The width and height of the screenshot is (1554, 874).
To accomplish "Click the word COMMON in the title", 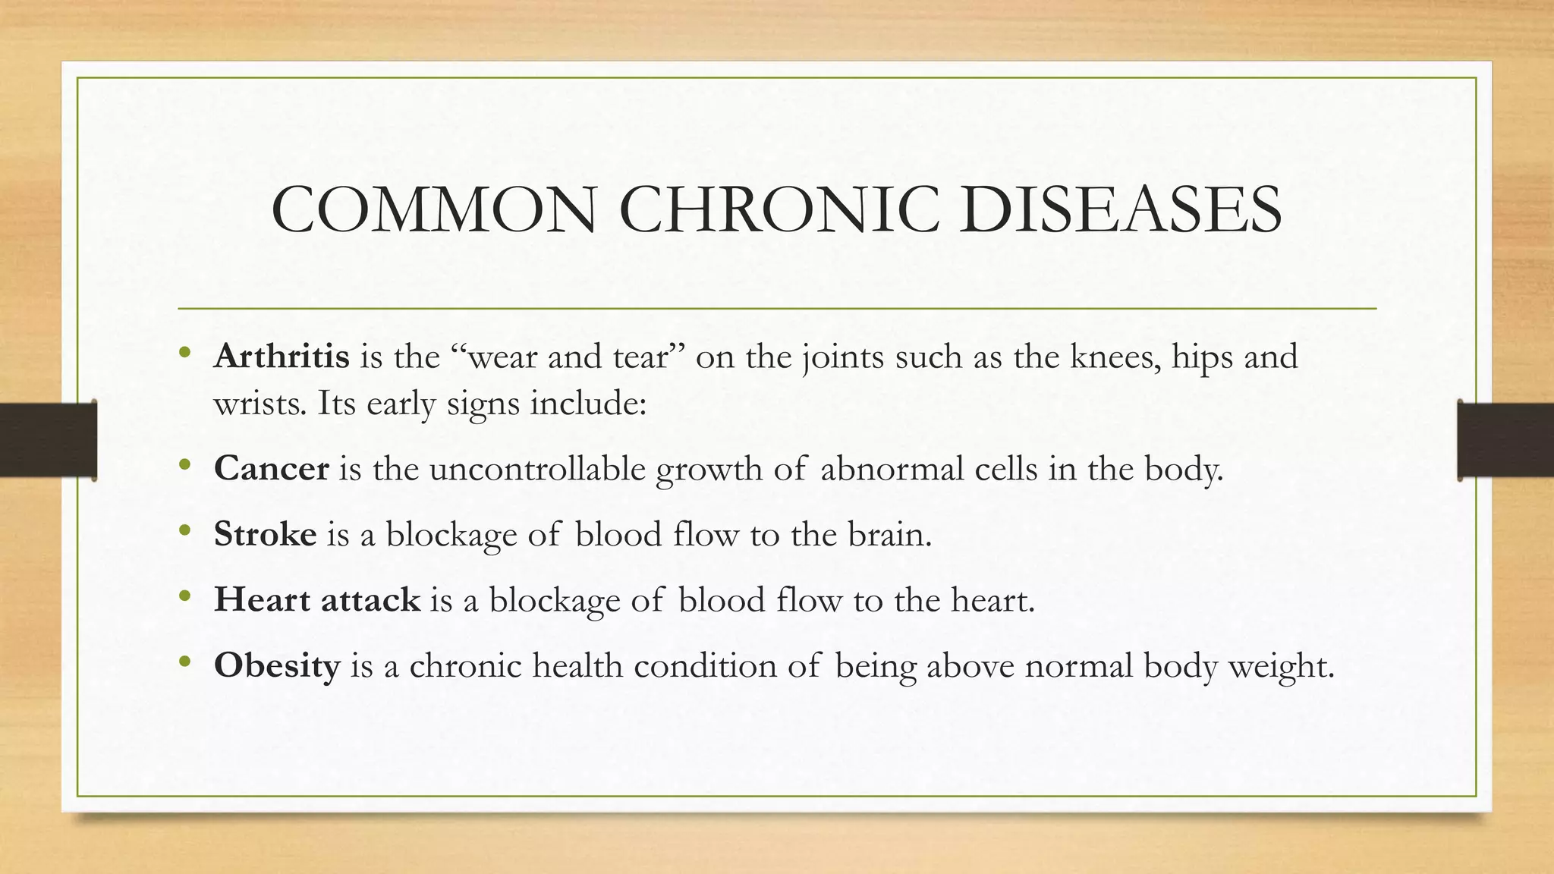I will pos(434,209).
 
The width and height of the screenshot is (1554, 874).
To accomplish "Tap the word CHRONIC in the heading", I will pos(775,209).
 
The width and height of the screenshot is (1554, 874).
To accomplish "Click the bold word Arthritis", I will pos(282,356).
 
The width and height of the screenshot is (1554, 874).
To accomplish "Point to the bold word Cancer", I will pos(271,468).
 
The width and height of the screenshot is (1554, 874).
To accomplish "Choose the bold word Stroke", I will pos(265,534).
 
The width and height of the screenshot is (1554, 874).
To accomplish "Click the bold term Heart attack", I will pos(316,600).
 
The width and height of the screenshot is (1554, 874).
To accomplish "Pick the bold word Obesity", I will pos(277,666).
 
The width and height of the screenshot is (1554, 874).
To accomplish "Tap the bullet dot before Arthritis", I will pos(185,353).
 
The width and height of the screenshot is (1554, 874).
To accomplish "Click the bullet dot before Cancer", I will pos(185,465).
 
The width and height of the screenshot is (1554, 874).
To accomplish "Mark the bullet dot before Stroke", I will pos(185,531).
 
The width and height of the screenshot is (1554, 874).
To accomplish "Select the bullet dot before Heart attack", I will pos(185,597).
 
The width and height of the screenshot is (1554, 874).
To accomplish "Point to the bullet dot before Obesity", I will pos(185,663).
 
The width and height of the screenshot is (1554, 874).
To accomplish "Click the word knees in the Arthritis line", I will pos(1115,356).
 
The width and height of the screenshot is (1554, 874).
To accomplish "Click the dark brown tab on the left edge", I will pos(48,440).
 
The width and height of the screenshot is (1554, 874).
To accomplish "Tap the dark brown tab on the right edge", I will pos(1505,440).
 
